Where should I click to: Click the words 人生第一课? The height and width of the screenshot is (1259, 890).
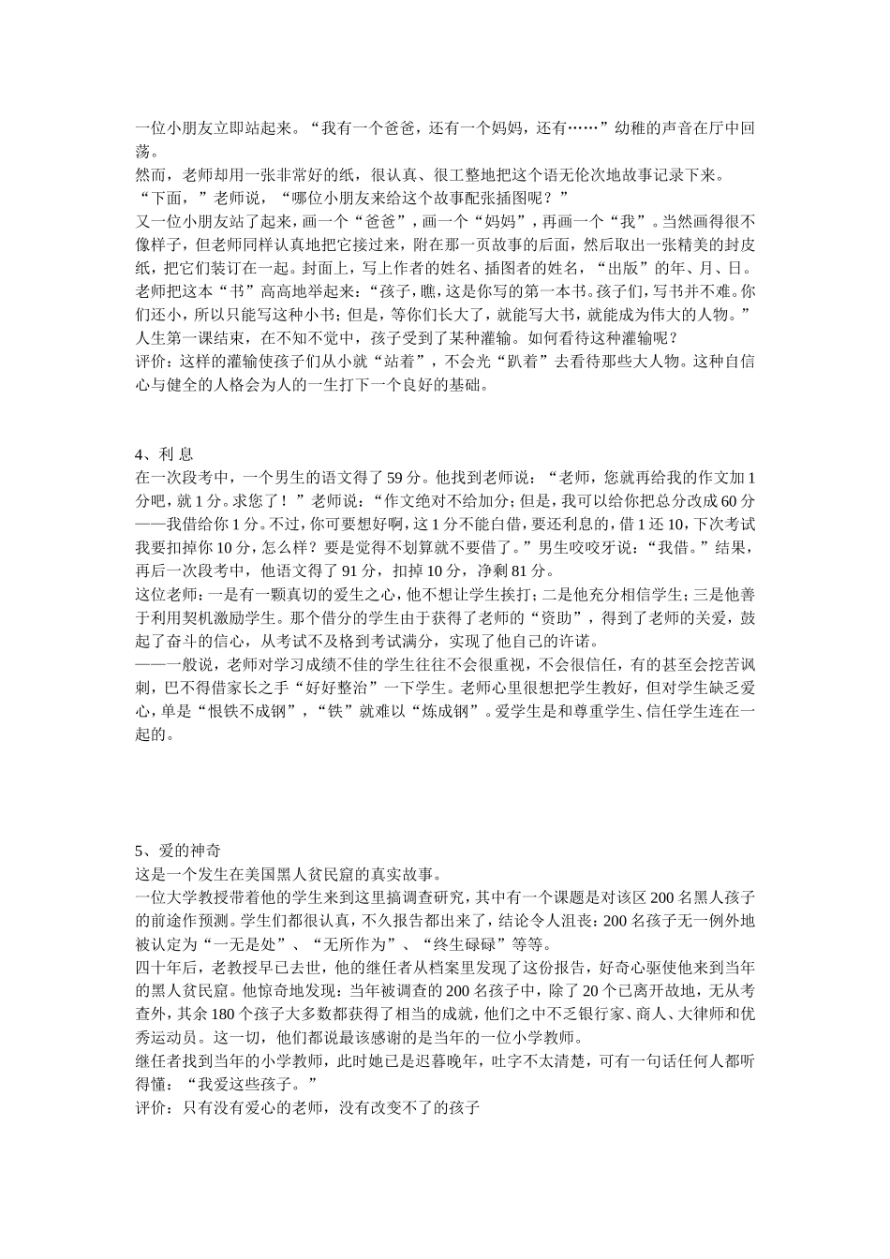point(177,337)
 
